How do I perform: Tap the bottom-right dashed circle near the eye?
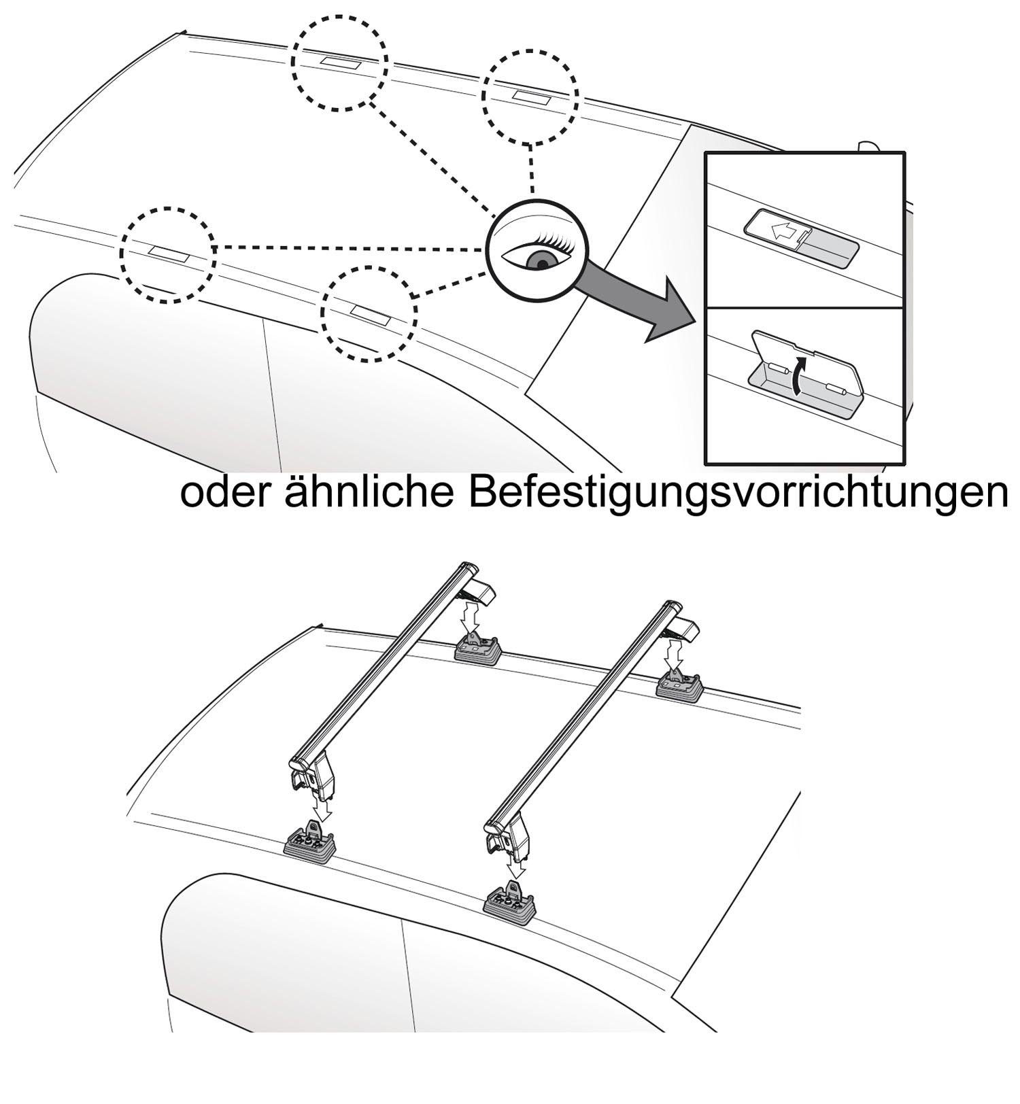point(369,313)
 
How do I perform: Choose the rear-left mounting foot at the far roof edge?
point(477,646)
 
